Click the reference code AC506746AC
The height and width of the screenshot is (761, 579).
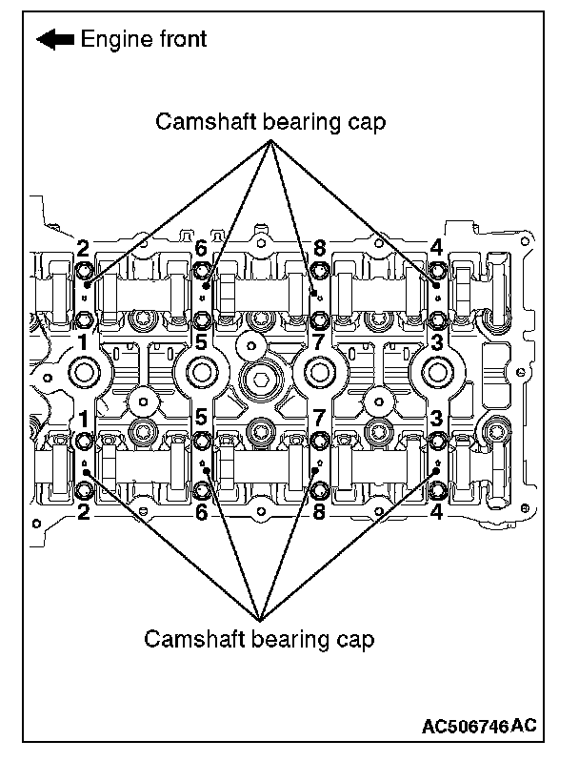tap(479, 727)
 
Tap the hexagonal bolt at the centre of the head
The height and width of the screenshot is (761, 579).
tap(259, 383)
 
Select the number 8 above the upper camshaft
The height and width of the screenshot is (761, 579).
tap(319, 249)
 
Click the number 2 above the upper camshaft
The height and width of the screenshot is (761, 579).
tap(84, 249)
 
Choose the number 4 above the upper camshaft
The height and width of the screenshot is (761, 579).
tap(436, 249)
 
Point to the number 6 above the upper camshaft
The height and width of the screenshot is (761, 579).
tap(201, 249)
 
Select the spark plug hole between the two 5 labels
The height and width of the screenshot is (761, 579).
tap(201, 371)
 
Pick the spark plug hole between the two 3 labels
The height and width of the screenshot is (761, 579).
tap(435, 371)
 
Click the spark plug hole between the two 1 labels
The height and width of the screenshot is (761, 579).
tap(84, 371)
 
